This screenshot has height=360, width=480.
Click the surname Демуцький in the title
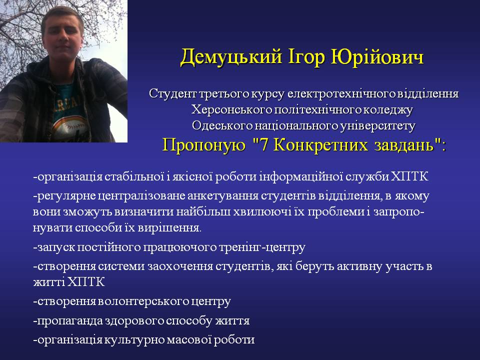coord(231,57)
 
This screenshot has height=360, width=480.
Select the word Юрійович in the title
coord(377,57)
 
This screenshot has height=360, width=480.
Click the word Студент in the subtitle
coord(172,93)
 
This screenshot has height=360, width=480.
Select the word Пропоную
coord(203,145)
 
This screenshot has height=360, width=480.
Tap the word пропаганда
coord(69,321)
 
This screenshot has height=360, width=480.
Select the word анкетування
coord(223,196)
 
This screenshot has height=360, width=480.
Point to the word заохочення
coord(180,266)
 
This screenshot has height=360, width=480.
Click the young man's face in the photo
coord(63,33)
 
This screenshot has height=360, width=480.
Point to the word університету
coord(378,126)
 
